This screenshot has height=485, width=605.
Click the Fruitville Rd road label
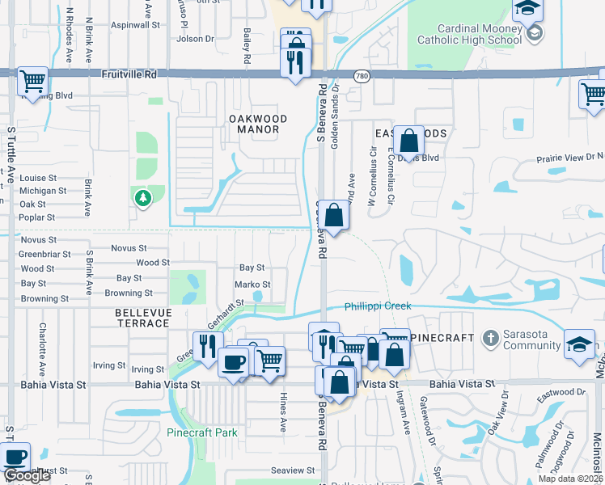pyautogui.click(x=129, y=74)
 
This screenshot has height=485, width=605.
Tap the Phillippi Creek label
pyautogui.click(x=378, y=306)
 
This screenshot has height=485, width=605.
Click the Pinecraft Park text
pyautogui.click(x=202, y=432)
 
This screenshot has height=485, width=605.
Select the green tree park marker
pyautogui.click(x=143, y=198)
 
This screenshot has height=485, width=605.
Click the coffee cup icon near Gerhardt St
pyautogui.click(x=234, y=363)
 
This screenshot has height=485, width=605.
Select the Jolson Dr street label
pyautogui.click(x=195, y=38)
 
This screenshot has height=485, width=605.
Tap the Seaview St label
pyautogui.click(x=293, y=470)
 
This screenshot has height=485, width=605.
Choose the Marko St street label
pyautogui.click(x=252, y=285)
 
